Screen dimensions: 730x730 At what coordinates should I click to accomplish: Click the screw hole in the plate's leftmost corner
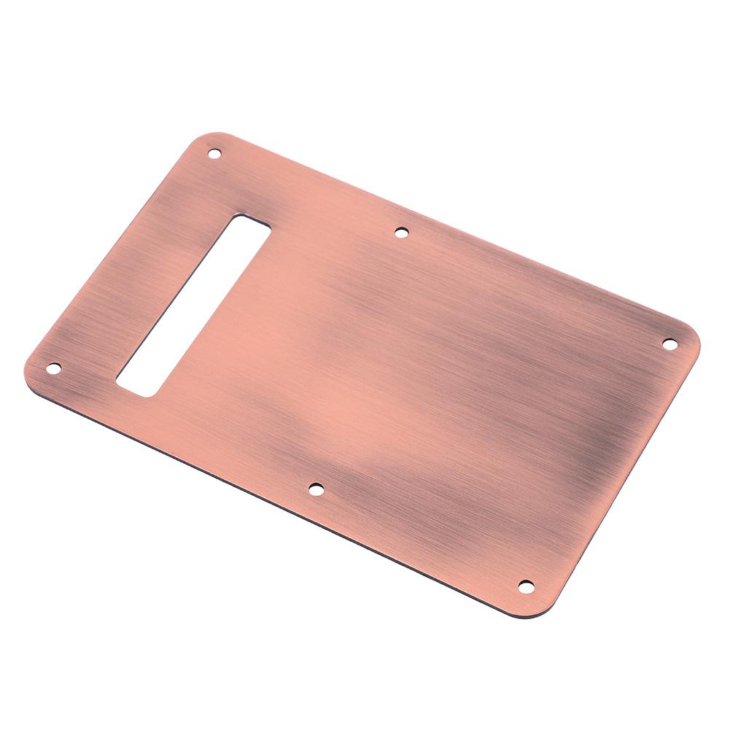click(53, 368)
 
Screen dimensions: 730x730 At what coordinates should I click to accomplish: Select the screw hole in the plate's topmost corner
click(214, 153)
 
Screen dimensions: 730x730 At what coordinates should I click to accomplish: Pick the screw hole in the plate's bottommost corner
click(525, 585)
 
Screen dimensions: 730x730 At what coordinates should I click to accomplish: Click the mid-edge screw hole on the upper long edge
click(401, 233)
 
